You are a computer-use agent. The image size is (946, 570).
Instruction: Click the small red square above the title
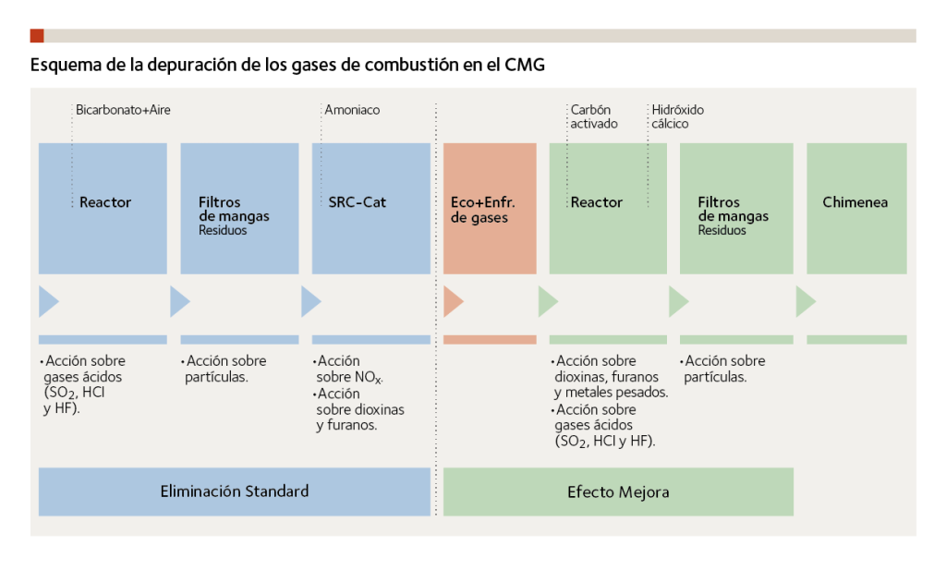click(x=37, y=36)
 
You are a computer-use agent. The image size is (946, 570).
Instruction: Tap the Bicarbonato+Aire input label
click(x=123, y=110)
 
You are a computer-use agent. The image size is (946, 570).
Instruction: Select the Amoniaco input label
click(x=352, y=110)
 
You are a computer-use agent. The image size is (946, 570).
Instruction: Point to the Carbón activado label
click(x=593, y=116)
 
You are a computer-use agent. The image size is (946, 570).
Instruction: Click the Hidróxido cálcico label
click(x=677, y=116)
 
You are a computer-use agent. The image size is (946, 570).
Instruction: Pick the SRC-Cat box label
click(x=357, y=202)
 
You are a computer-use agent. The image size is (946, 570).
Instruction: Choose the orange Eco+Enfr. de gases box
click(x=490, y=209)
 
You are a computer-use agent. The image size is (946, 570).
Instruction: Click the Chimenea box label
click(x=855, y=202)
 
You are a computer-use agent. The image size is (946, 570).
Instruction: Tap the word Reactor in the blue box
click(x=105, y=202)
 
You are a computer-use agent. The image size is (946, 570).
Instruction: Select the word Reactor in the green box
click(x=597, y=202)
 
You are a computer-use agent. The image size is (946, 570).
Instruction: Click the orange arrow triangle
click(x=453, y=302)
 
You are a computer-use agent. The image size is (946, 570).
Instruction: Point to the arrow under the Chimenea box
click(x=805, y=302)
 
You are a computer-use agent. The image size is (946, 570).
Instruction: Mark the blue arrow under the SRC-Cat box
click(x=310, y=302)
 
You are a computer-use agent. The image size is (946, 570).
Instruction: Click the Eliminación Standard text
click(x=234, y=491)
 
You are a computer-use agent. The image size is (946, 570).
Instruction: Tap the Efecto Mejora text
click(x=618, y=491)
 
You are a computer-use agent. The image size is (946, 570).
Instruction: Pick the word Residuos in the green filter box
click(x=722, y=231)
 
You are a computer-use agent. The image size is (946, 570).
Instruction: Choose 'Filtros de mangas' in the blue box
click(x=234, y=210)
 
